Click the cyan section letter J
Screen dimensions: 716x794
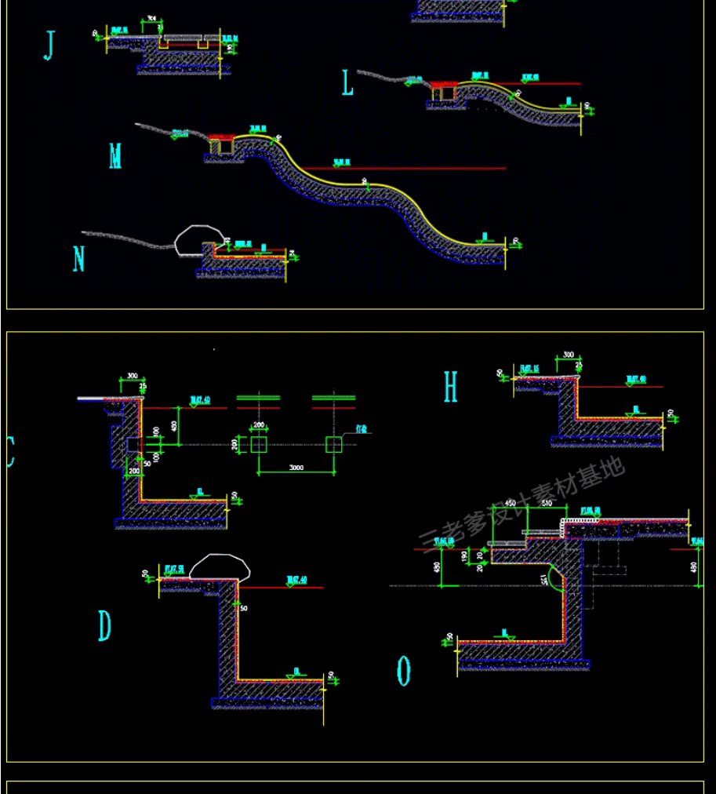[49, 46]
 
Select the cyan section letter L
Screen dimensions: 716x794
[347, 83]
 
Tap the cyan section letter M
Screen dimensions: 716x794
[115, 156]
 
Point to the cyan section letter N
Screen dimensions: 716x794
[78, 259]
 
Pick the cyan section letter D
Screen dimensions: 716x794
[104, 626]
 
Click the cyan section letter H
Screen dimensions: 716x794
[450, 387]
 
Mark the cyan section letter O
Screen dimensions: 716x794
[404, 671]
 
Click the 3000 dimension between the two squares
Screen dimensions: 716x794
[296, 468]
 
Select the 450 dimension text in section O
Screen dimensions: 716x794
[510, 503]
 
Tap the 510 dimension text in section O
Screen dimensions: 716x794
[547, 503]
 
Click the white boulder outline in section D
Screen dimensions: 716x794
[219, 566]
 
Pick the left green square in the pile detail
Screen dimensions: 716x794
[259, 445]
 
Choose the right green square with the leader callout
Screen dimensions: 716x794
[334, 445]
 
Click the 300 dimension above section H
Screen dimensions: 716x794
[567, 355]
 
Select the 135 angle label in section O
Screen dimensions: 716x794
[543, 580]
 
